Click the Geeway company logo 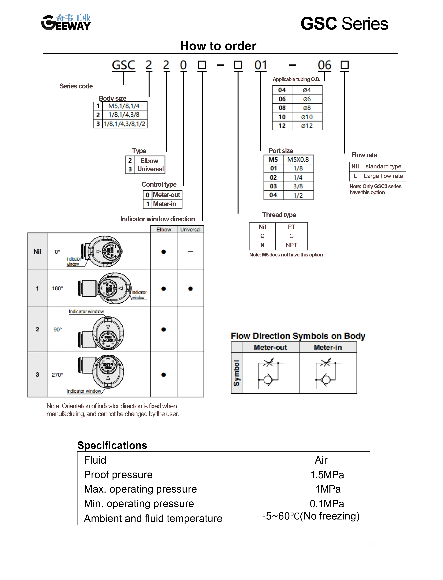(x=66, y=22)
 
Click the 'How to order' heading (x=218, y=46)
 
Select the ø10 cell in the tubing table (x=307, y=117)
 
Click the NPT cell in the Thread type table (x=291, y=245)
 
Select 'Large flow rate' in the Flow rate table (x=383, y=176)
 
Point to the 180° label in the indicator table (x=58, y=288)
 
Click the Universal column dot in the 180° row (x=190, y=289)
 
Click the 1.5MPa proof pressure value (x=327, y=475)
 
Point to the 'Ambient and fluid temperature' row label (x=153, y=518)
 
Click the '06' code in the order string (x=324, y=65)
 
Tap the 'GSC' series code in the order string (x=123, y=65)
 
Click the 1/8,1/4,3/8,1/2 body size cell (x=124, y=124)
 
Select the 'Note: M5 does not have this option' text (x=286, y=255)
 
